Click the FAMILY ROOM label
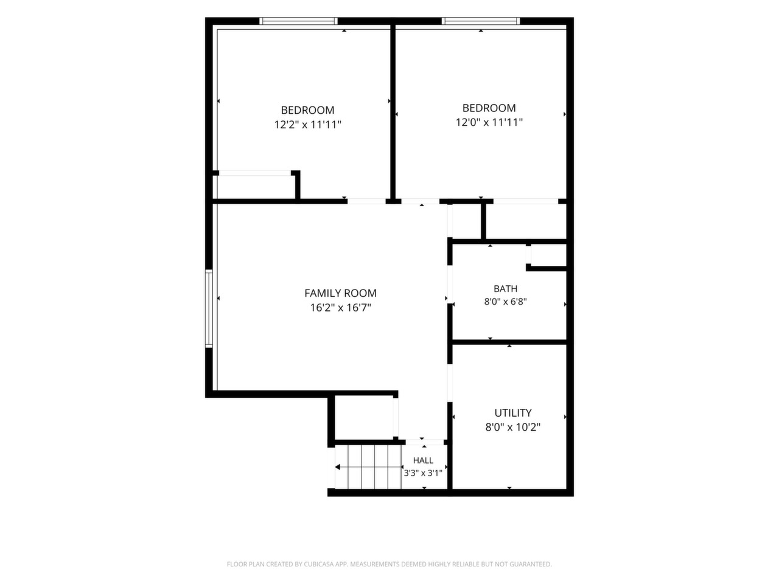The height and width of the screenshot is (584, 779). [x=340, y=293]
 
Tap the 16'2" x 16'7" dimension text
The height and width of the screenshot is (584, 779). [x=340, y=307]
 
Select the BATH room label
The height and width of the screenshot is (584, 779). [x=505, y=288]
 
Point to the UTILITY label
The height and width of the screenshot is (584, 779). [x=513, y=412]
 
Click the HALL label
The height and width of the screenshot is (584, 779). [x=423, y=461]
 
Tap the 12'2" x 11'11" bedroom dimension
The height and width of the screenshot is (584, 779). [x=308, y=125]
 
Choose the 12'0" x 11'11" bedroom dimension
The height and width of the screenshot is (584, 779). [x=489, y=122]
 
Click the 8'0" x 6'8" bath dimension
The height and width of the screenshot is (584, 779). [x=505, y=302]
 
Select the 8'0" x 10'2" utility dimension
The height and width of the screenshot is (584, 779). [x=513, y=427]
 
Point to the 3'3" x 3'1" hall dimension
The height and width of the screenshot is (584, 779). [x=423, y=473]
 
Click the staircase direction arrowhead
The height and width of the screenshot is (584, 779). [x=338, y=467]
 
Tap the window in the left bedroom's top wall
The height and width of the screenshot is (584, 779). [x=298, y=21]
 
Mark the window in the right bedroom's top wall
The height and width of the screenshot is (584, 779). [x=481, y=21]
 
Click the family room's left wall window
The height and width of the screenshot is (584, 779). [x=209, y=308]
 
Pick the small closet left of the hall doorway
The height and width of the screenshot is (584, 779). [x=364, y=418]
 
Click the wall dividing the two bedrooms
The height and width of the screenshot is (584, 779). [x=393, y=112]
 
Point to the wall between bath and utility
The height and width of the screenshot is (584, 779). [x=509, y=342]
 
